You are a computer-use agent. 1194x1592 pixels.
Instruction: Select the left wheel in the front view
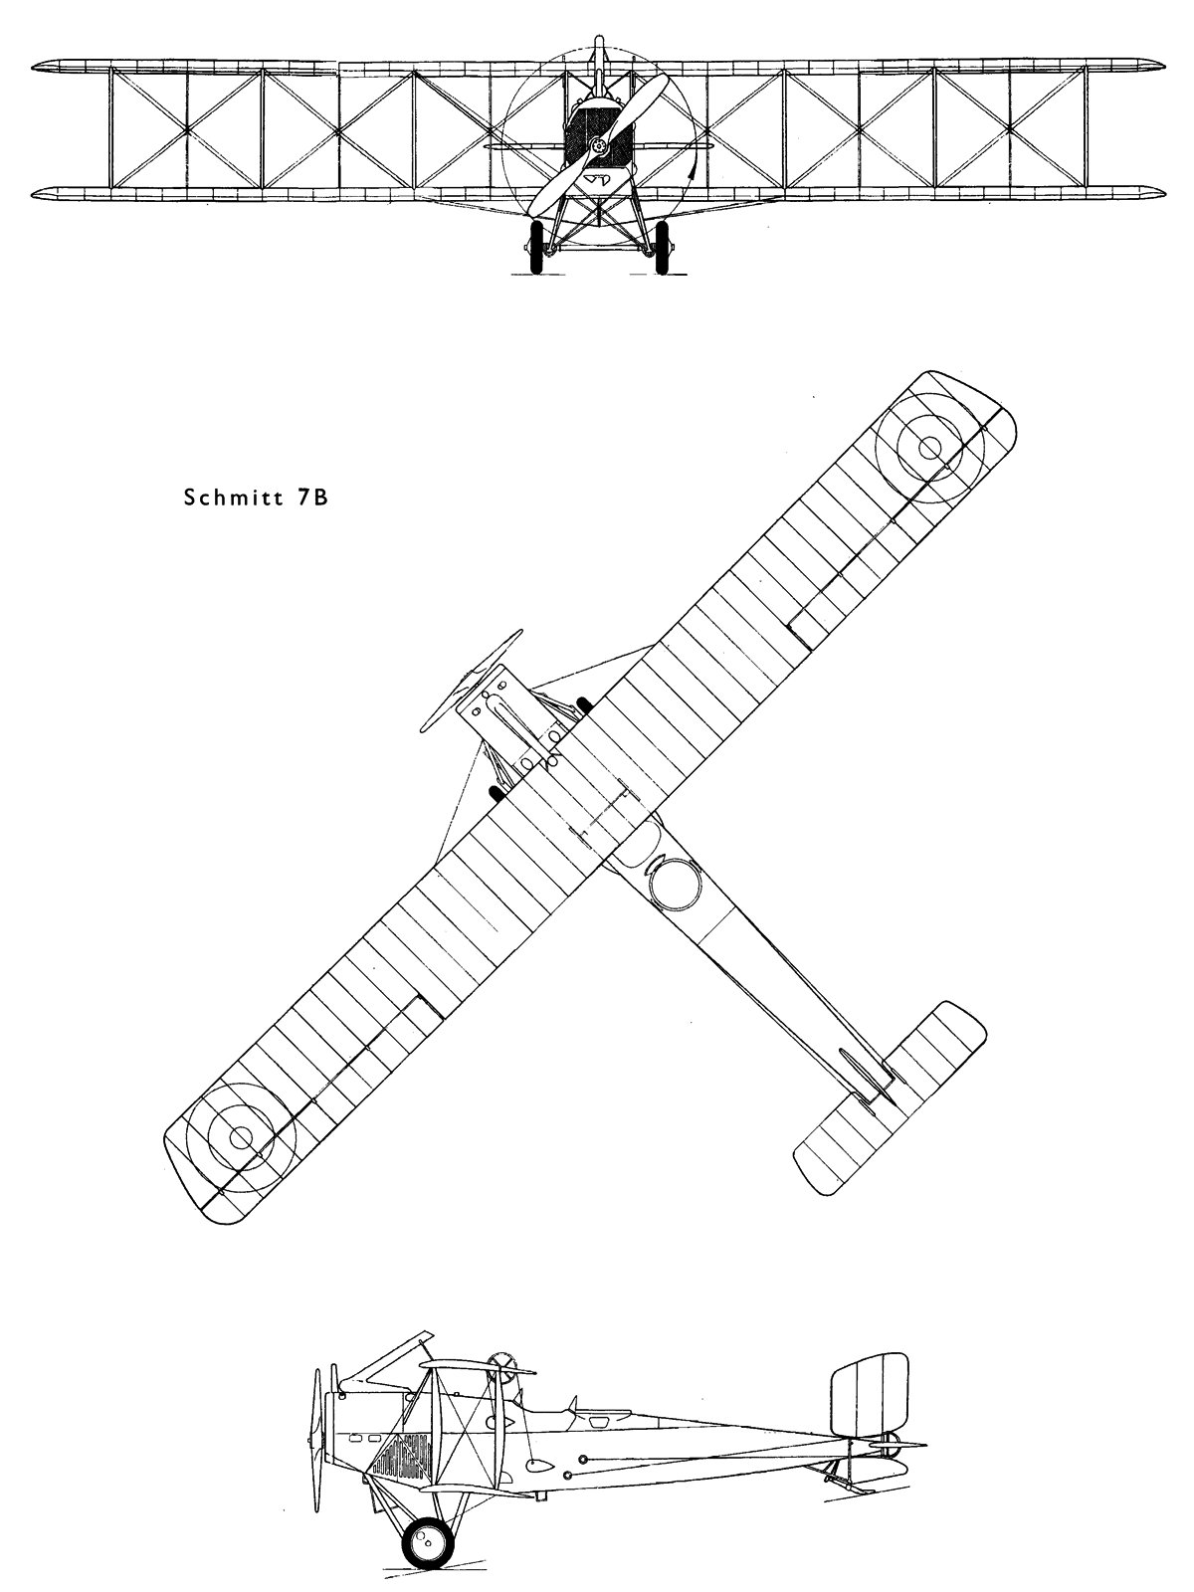537,247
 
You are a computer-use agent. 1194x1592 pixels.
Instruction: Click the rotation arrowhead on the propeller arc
689,175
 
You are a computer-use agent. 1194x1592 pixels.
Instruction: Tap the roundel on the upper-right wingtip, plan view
929,448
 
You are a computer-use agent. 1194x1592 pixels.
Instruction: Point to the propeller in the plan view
471,680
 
